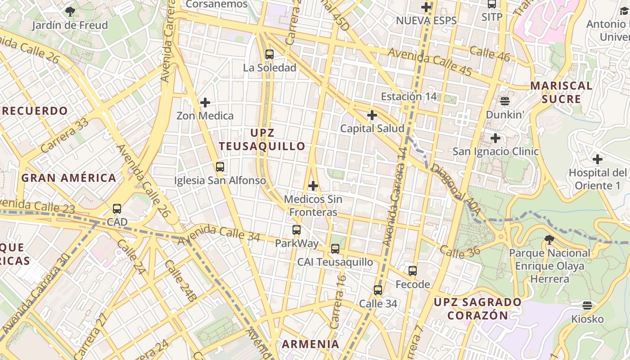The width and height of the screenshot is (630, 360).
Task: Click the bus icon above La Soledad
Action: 269,54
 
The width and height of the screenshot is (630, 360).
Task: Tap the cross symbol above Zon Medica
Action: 205,103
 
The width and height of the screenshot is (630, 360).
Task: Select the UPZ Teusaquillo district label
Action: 262,139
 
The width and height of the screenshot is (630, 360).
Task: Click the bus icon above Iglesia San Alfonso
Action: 220,167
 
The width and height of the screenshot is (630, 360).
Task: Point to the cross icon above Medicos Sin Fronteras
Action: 313,185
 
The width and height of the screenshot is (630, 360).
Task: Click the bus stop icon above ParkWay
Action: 296,230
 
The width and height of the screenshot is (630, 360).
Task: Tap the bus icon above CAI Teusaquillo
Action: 335,249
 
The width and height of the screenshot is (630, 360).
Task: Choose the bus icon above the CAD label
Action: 117,209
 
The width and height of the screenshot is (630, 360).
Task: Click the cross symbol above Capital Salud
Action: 372,115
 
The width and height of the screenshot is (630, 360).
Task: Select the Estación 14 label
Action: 409,96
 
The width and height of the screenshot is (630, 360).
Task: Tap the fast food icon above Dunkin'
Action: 505,101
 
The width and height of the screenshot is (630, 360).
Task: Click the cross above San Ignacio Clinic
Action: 495,138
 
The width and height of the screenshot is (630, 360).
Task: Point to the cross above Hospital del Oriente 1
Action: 597,159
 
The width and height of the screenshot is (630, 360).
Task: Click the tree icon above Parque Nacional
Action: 549,239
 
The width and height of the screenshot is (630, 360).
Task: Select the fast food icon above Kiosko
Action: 587,306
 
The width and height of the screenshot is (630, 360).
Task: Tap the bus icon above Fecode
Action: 412,271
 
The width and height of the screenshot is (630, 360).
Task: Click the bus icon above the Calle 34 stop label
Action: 378,290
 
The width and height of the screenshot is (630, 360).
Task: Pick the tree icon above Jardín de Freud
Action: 70,12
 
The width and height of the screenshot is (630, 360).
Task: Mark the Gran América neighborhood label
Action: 69,178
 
